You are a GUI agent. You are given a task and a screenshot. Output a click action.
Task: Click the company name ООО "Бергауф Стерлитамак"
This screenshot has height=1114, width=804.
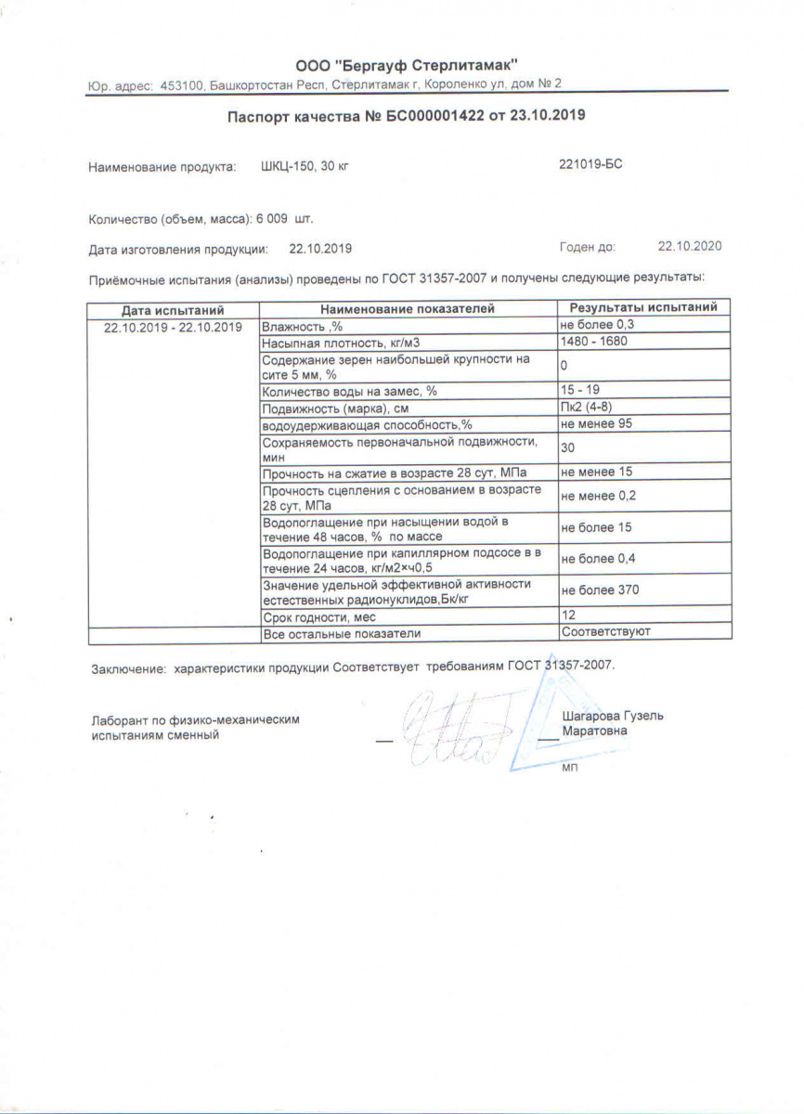[407, 65]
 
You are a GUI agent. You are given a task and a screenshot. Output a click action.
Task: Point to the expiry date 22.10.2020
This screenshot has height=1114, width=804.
[689, 247]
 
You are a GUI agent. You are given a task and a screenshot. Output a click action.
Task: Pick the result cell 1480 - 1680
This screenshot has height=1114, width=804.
[595, 343]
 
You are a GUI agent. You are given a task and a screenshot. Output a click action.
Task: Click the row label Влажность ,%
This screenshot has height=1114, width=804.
[303, 327]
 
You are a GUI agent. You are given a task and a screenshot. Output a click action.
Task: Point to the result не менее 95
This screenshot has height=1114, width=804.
[597, 423]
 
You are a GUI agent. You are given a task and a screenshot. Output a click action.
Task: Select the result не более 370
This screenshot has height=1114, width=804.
[600, 590]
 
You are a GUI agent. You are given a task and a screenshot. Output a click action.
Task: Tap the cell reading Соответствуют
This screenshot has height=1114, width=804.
[605, 632]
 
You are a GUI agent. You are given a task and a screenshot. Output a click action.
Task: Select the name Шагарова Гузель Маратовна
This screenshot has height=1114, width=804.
[613, 723]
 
